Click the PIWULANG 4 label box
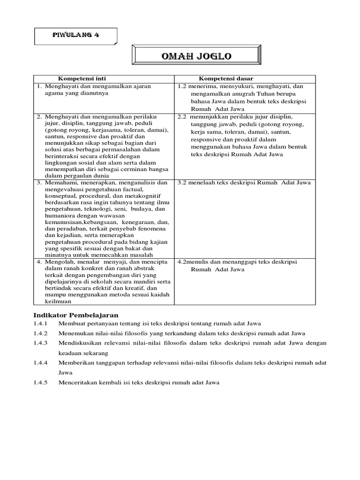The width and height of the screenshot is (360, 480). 76,36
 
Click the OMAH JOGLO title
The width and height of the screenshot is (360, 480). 196,56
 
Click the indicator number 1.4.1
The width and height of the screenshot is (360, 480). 41,323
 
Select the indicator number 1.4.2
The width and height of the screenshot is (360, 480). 41,333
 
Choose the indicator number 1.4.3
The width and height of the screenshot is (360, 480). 41,343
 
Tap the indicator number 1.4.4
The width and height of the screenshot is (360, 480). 41,363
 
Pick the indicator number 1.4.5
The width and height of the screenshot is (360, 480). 41,382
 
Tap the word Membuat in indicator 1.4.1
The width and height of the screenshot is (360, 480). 70,323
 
